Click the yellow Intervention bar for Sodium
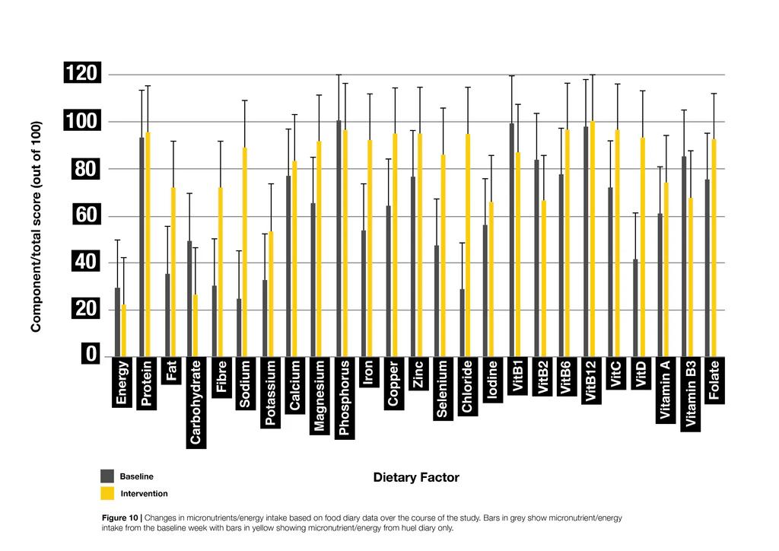pyautogui.click(x=244, y=252)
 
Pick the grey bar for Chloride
pyautogui.click(x=462, y=323)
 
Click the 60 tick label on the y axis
pyautogui.click(x=85, y=216)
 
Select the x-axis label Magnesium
pyautogui.click(x=320, y=397)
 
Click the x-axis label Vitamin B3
pyautogui.click(x=691, y=396)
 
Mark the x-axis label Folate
pyautogui.click(x=715, y=381)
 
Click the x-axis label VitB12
pyautogui.click(x=592, y=381)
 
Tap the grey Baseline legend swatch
pyautogui.click(x=107, y=476)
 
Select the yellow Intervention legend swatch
pyautogui.click(x=107, y=494)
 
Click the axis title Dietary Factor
pyautogui.click(x=416, y=478)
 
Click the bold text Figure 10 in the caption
pyautogui.click(x=119, y=518)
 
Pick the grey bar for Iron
pyautogui.click(x=363, y=293)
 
